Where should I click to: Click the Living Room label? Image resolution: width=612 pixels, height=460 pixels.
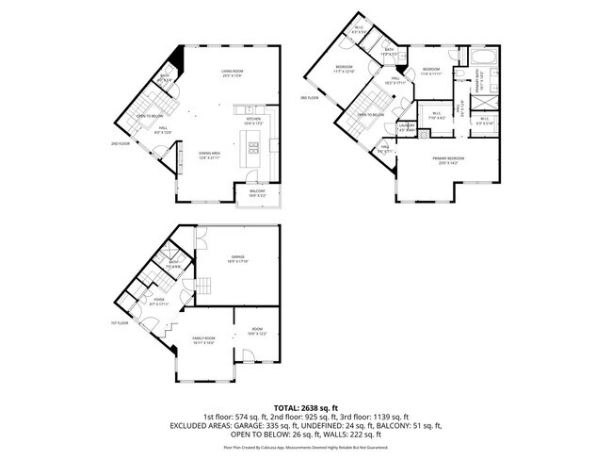[234, 74]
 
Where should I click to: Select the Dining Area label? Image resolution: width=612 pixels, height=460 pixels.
[209, 156]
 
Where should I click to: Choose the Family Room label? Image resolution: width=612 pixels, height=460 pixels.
[203, 340]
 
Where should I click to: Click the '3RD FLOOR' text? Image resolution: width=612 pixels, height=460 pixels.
[310, 97]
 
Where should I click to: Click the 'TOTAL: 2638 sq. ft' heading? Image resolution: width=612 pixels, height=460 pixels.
[306, 406]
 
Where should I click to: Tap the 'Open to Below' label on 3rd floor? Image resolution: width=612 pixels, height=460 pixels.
[370, 115]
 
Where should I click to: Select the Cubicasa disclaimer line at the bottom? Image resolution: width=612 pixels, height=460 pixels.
[306, 451]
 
